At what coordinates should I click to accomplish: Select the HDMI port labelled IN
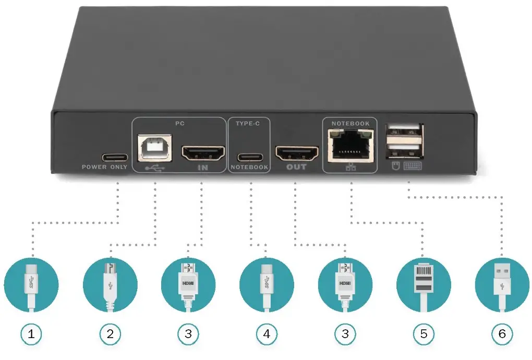click(202, 153)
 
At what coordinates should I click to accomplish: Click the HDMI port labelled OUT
click(297, 153)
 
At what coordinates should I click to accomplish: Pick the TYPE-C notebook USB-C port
click(249, 157)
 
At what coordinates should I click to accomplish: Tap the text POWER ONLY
click(104, 167)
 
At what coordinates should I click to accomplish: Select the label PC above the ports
click(179, 124)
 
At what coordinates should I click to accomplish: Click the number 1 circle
click(32, 334)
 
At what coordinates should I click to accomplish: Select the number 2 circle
click(110, 334)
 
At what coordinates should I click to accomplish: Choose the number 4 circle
click(267, 334)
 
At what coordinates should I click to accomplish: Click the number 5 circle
click(423, 334)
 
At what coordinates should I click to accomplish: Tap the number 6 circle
click(502, 334)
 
